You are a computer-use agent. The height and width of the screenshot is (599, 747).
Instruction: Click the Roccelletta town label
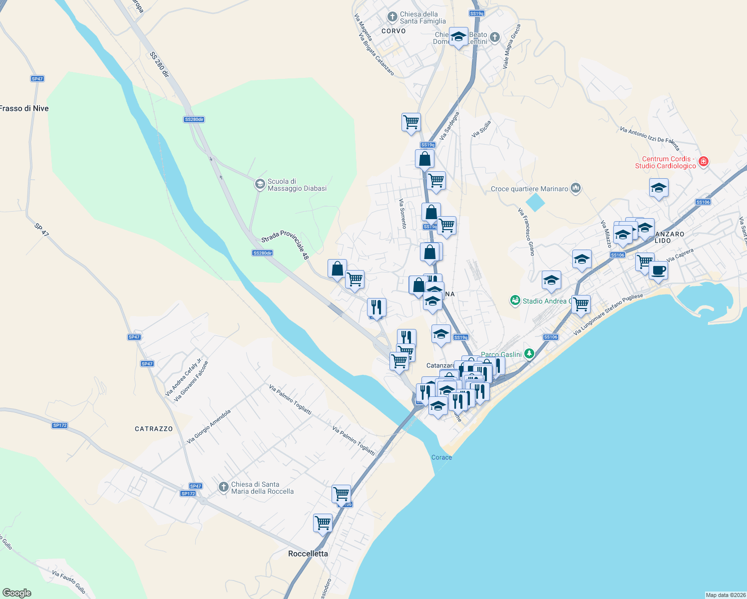click(308, 554)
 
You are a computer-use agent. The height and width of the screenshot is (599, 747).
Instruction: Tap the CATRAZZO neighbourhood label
click(154, 429)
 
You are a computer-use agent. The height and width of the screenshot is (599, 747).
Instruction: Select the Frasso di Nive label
click(24, 108)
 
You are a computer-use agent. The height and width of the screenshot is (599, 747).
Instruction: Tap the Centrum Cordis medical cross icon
click(704, 162)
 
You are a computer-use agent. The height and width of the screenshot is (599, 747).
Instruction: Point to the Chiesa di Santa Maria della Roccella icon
click(224, 487)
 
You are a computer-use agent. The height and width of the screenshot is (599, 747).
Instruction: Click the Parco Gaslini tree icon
click(529, 354)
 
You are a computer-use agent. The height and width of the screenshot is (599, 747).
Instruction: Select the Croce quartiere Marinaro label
click(529, 189)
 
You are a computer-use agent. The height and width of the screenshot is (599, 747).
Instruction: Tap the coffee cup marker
click(658, 271)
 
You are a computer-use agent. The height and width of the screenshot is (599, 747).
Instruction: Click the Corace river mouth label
click(441, 457)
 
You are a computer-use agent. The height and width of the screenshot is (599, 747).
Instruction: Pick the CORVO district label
click(393, 31)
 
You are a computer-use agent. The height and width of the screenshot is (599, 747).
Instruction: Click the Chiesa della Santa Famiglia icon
click(392, 17)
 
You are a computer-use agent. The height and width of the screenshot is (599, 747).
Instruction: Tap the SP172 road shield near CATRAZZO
click(59, 425)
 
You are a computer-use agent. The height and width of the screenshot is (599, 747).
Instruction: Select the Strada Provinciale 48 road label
click(285, 245)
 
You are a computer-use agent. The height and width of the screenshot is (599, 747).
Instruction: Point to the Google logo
click(17, 593)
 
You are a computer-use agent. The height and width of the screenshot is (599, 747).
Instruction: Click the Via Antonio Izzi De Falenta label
click(650, 138)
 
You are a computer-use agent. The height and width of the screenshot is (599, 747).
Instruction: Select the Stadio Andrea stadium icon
click(515, 300)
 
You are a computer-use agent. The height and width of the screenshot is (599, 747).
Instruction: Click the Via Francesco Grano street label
click(526, 232)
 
